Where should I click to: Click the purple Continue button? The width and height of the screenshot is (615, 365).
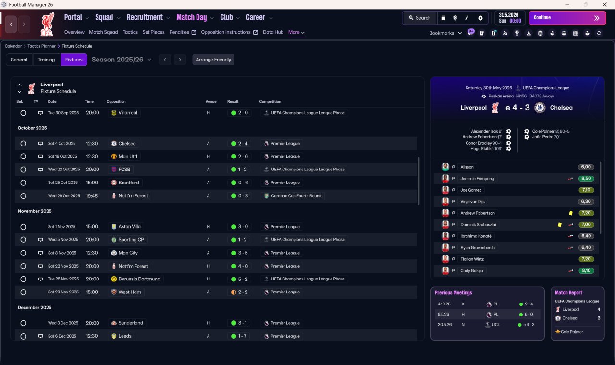pos(567,18)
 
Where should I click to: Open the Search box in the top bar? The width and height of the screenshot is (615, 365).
pos(420,18)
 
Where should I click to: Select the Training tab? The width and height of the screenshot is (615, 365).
pos(46,60)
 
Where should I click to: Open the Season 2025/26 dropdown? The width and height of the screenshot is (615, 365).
pos(122,60)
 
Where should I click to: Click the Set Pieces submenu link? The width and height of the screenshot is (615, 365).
pos(153,32)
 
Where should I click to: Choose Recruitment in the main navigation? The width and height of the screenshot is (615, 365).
pos(145,18)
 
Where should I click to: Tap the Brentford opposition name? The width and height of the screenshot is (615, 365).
pos(128,182)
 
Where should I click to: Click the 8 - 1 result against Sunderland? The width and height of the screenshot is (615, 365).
pos(243,323)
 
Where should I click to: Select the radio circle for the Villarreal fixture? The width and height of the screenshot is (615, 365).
pos(24,113)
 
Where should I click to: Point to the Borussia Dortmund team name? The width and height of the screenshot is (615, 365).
pos(139,279)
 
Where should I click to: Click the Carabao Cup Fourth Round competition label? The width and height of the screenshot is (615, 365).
pos(296,196)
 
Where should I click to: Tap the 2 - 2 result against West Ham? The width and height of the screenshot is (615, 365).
pos(243,292)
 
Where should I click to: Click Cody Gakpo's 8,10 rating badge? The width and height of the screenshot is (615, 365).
pos(586,270)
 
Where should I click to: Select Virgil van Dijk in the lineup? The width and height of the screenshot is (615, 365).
pos(472,202)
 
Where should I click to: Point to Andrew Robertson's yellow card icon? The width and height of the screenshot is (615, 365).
pos(570,213)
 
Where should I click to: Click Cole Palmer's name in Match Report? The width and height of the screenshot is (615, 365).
pos(572,332)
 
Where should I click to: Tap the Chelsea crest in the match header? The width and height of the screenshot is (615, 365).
pos(540,108)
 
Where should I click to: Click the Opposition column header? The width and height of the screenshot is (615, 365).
pos(116,101)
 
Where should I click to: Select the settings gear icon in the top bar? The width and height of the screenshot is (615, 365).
pos(480,18)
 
